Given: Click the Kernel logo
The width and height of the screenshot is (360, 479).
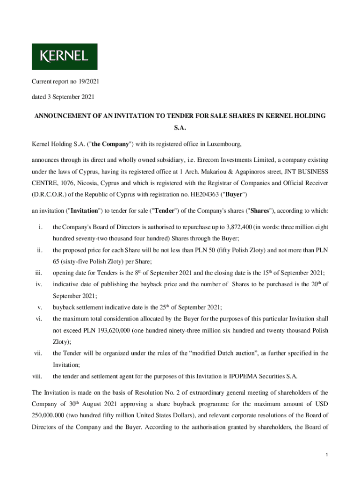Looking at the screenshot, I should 65,57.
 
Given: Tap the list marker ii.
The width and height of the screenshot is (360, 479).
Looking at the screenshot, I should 40,250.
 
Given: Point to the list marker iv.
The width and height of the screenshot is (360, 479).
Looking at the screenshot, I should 40,284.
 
